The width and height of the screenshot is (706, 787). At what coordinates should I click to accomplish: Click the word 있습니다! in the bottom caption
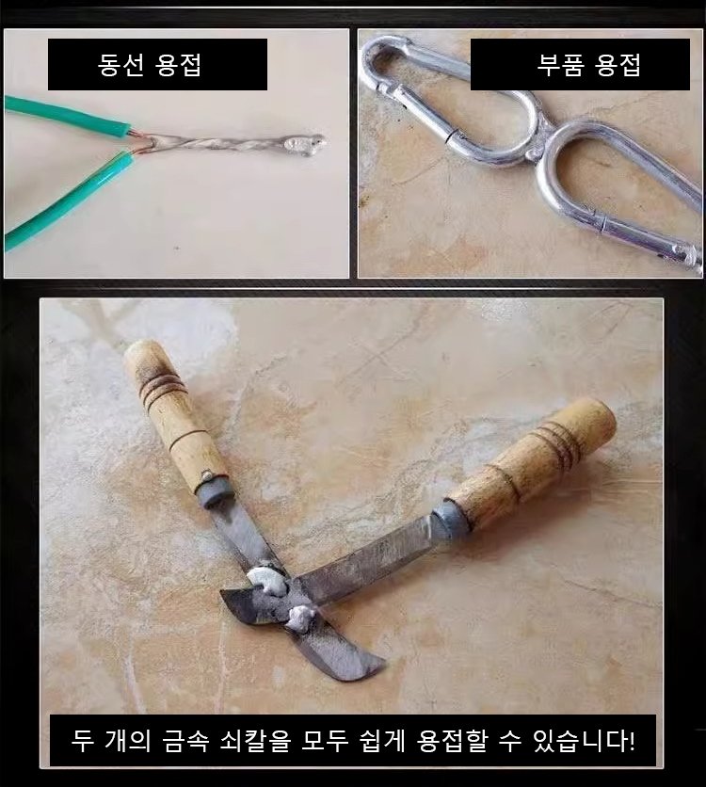(584, 740)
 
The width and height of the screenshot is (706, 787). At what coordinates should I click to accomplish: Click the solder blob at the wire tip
(303, 145)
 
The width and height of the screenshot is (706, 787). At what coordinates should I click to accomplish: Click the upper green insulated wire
(65, 116)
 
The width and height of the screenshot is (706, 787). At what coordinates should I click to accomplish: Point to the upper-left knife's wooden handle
(172, 411)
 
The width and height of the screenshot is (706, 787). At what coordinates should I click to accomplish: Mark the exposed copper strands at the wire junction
(140, 143)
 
